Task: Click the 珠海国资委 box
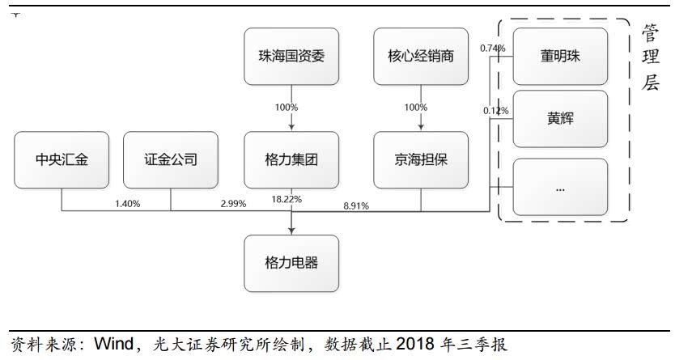click(291, 57)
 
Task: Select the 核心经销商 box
click(421, 57)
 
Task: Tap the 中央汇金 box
click(62, 159)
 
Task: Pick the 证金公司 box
click(171, 159)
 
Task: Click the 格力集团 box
click(291, 159)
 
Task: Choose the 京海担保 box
click(421, 159)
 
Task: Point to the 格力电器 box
click(291, 263)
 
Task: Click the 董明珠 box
click(560, 57)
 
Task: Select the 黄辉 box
click(560, 118)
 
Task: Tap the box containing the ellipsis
click(560, 187)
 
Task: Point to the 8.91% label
click(356, 205)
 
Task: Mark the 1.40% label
click(127, 204)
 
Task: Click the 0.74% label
click(493, 49)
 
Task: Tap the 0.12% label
click(495, 110)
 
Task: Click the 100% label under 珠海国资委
click(286, 108)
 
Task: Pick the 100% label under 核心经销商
click(415, 108)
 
